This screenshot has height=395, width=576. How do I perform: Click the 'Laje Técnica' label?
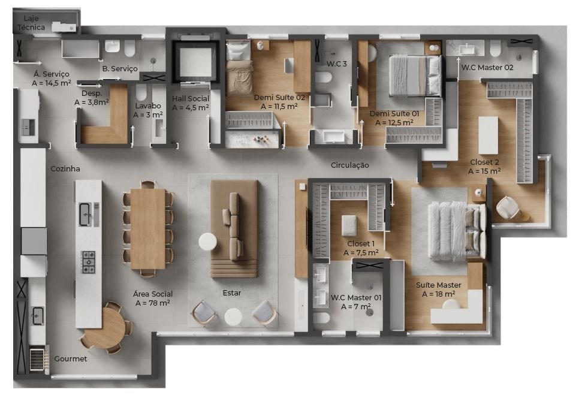pos(31,23)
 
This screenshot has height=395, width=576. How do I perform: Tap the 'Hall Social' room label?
pos(190,98)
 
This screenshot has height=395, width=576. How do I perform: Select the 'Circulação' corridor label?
pos(349,165)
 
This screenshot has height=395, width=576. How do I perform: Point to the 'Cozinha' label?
pos(65,168)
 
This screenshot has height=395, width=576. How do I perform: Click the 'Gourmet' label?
pos(71,358)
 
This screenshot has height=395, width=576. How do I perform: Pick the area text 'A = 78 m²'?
pos(152,303)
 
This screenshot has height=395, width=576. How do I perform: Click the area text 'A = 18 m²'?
pos(439,294)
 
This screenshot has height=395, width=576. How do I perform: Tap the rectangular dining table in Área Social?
pos(147,229)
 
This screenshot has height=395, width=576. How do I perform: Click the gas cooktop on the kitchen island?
pos(88,262)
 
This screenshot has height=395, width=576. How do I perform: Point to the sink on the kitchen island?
pos(85,215)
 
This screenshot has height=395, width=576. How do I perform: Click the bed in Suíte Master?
pos(457,231)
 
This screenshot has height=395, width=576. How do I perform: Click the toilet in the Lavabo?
pos(141,92)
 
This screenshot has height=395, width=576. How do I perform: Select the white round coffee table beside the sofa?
pos(208,242)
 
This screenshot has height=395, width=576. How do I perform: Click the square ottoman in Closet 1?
pos(349,225)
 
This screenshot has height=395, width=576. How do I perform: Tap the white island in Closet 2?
pos(488,135)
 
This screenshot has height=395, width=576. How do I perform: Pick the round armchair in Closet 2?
pos(508,208)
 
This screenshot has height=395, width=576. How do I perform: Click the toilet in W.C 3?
pos(323,77)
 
